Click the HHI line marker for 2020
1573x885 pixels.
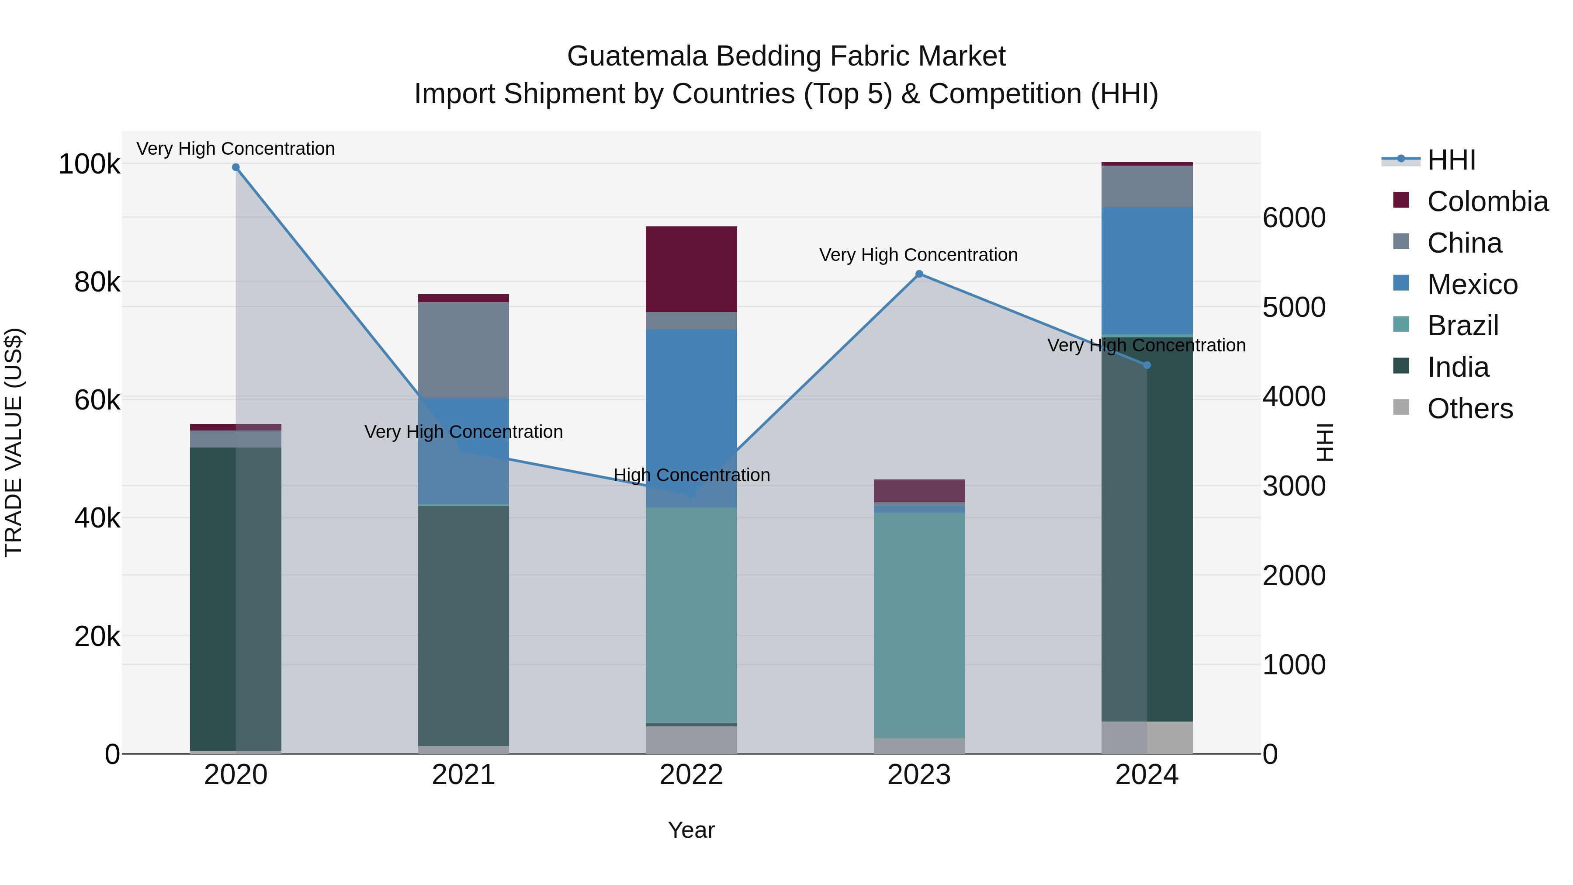(236, 167)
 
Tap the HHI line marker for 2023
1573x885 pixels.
(919, 274)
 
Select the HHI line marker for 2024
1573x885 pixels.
(1147, 365)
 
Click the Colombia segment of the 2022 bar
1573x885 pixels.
(691, 269)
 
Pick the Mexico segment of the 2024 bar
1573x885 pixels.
(1147, 271)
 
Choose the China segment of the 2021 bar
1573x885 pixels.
(464, 350)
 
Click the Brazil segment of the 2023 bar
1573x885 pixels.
(919, 625)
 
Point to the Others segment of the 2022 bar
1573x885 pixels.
(691, 739)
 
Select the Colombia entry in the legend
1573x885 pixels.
(1487, 201)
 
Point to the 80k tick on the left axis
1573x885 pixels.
(97, 282)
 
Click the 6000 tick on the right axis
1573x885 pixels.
(1294, 218)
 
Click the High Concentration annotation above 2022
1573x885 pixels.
(691, 475)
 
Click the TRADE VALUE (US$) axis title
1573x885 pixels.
(14, 442)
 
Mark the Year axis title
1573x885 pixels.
(691, 830)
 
